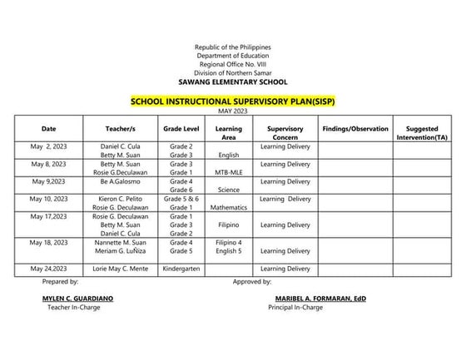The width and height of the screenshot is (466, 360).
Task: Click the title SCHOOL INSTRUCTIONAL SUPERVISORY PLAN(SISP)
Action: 232,101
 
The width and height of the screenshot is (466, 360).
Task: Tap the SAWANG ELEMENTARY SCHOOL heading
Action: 232,81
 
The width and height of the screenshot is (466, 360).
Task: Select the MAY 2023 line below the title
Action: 232,111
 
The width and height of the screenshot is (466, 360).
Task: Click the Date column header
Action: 49,129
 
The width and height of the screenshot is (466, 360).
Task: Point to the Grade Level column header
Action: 181,129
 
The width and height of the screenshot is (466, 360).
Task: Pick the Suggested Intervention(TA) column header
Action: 428,133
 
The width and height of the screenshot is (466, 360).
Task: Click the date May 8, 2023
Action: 49,164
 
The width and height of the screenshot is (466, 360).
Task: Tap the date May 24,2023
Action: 49,269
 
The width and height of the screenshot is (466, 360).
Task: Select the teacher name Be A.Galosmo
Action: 120,181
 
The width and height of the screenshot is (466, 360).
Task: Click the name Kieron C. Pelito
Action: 120,199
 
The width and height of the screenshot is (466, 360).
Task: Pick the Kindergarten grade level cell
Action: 181,269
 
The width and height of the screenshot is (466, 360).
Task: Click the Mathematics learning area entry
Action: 228,207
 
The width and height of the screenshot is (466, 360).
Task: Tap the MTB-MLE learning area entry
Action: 228,172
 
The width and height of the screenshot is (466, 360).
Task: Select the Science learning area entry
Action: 228,190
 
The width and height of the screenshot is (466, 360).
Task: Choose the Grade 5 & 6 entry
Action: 181,199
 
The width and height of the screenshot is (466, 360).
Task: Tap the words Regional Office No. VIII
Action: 232,64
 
